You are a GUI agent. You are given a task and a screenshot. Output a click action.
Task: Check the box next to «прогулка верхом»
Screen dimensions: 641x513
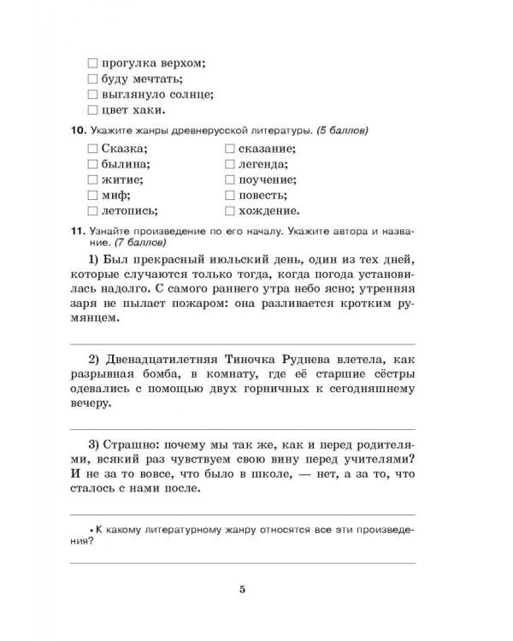[x=93, y=62]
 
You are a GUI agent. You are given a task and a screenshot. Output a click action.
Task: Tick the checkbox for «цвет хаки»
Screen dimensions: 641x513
[x=93, y=109]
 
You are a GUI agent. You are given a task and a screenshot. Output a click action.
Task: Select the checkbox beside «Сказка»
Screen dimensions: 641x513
[x=93, y=150]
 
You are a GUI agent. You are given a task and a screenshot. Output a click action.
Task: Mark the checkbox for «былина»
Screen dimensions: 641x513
[x=93, y=165]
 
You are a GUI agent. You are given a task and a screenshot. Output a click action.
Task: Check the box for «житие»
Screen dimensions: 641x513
[x=93, y=180]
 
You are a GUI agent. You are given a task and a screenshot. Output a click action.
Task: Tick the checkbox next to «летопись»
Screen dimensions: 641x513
[x=93, y=210]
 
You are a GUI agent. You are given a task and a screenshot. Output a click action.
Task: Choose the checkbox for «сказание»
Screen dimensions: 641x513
[x=230, y=150]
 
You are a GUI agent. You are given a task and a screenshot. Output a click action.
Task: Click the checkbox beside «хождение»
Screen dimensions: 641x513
[x=230, y=210]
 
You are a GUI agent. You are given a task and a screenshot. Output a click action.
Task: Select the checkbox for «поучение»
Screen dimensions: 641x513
[x=230, y=180]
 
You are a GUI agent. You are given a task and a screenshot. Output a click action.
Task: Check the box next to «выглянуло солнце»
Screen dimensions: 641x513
[x=93, y=94]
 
